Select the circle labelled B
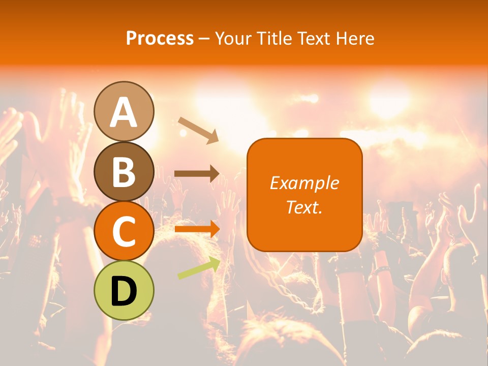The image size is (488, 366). pos(124,172)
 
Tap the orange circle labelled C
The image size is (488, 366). pos(124,231)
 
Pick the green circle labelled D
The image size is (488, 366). pos(124,290)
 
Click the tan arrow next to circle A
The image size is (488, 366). pos(198,130)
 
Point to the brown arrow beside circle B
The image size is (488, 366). pos(197,174)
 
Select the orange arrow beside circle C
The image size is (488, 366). pos(197,229)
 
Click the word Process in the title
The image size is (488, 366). pos(160,38)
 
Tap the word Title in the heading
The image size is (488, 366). pos(273,38)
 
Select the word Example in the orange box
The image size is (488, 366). pos(304,183)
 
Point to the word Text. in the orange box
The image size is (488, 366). pos(304,207)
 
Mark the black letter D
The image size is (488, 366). pos(124,291)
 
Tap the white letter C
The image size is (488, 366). pos(124,232)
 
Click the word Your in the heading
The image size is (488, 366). pos(233,38)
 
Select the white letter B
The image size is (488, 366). pos(124,172)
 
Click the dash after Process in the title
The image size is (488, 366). pos(204,39)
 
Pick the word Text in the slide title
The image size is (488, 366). pos(315,38)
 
